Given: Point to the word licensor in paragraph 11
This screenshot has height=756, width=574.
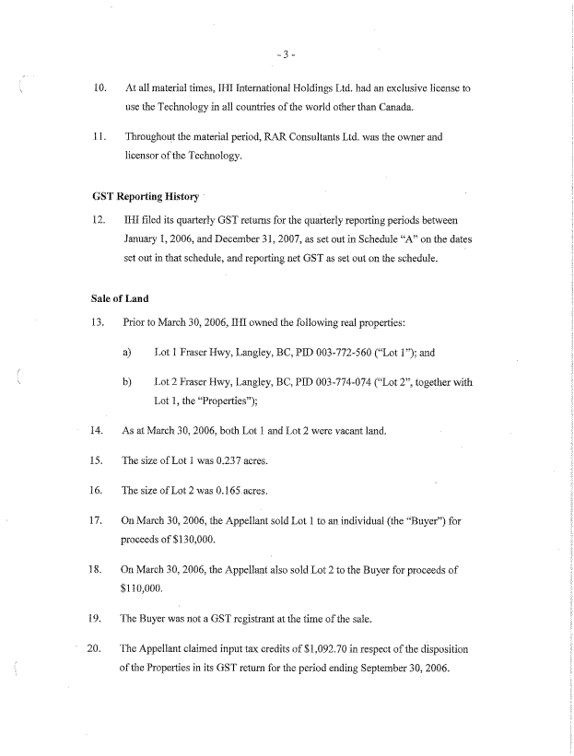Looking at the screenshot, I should click(142, 157).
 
